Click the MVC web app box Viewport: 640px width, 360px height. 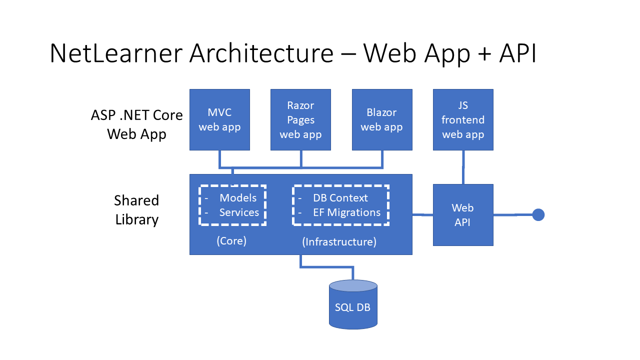[219, 119]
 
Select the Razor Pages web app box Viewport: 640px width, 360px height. [300, 119]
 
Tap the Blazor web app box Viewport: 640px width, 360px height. [382, 119]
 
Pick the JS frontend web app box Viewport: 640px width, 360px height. [463, 119]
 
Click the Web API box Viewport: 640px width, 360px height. [463, 215]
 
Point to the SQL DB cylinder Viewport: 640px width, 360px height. [353, 305]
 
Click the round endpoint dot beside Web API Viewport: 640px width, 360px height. [538, 215]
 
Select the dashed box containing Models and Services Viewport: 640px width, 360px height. [232, 205]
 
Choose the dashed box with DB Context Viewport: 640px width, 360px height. [341, 205]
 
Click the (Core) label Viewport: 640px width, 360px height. [231, 241]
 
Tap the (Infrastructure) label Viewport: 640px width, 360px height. [339, 242]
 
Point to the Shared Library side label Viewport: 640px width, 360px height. [136, 209]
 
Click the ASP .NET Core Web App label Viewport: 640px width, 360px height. [136, 124]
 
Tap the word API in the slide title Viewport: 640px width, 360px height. [517, 53]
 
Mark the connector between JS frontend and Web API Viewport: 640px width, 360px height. [463, 167]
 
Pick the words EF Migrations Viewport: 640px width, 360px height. [346, 212]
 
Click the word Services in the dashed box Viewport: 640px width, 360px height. [239, 212]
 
